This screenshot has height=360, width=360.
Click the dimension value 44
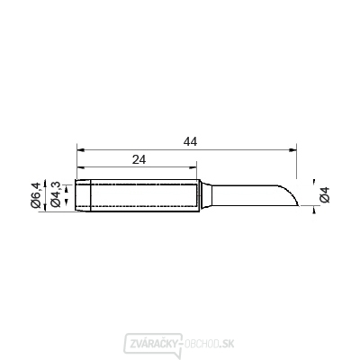click(191, 142)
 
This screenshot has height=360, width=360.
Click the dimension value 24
click(139, 159)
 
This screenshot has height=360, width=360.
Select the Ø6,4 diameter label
click(36, 195)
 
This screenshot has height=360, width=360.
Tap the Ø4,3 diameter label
click(56, 195)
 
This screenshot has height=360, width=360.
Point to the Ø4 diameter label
click(325, 194)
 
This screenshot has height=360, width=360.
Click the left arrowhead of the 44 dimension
click(81, 149)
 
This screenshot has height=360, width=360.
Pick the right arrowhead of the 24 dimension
click(193, 167)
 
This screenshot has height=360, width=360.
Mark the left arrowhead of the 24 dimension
click(81, 167)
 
